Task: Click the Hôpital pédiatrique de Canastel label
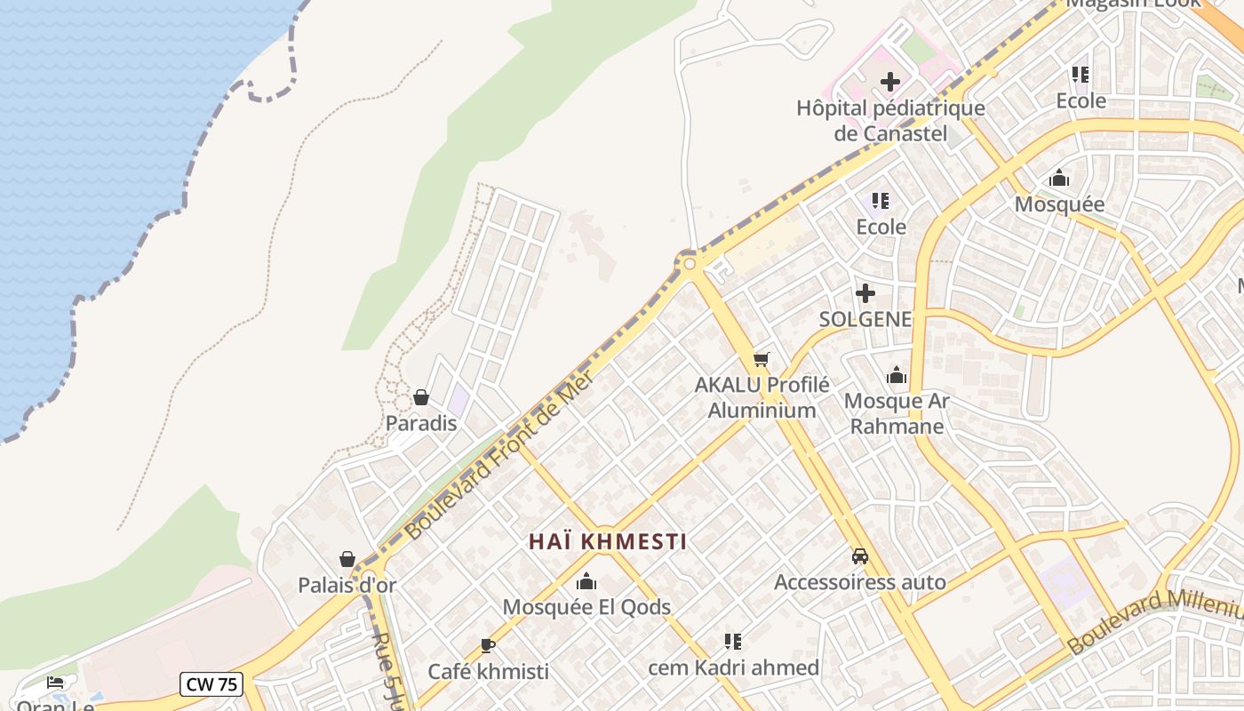(890, 121)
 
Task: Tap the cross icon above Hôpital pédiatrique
(889, 83)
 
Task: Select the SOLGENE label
(865, 319)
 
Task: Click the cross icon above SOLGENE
(865, 293)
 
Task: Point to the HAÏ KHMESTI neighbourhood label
(608, 541)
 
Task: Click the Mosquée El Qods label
(586, 607)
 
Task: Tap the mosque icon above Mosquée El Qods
(586, 582)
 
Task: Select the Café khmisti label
(488, 671)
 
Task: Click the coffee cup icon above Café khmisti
(487, 645)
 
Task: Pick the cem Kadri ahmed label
(733, 667)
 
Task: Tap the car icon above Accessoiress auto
(859, 556)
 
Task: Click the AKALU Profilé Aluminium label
(762, 397)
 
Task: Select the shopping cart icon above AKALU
(761, 360)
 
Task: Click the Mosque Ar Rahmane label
(897, 413)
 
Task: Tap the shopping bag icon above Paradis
(421, 397)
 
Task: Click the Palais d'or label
(347, 586)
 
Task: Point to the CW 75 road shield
(211, 684)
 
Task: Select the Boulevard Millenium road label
(1155, 621)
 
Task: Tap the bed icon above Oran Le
(55, 683)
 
